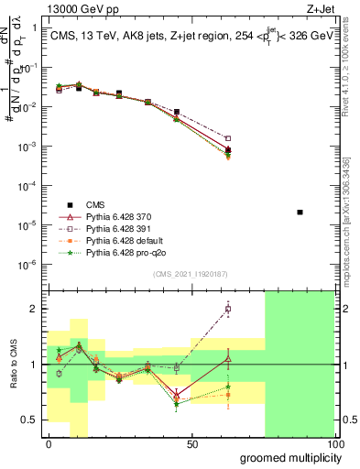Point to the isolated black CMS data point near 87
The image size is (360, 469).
point(300,212)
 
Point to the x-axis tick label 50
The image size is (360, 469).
point(192,443)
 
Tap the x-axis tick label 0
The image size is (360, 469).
point(49,443)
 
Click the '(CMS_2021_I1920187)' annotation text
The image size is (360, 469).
point(191,274)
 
